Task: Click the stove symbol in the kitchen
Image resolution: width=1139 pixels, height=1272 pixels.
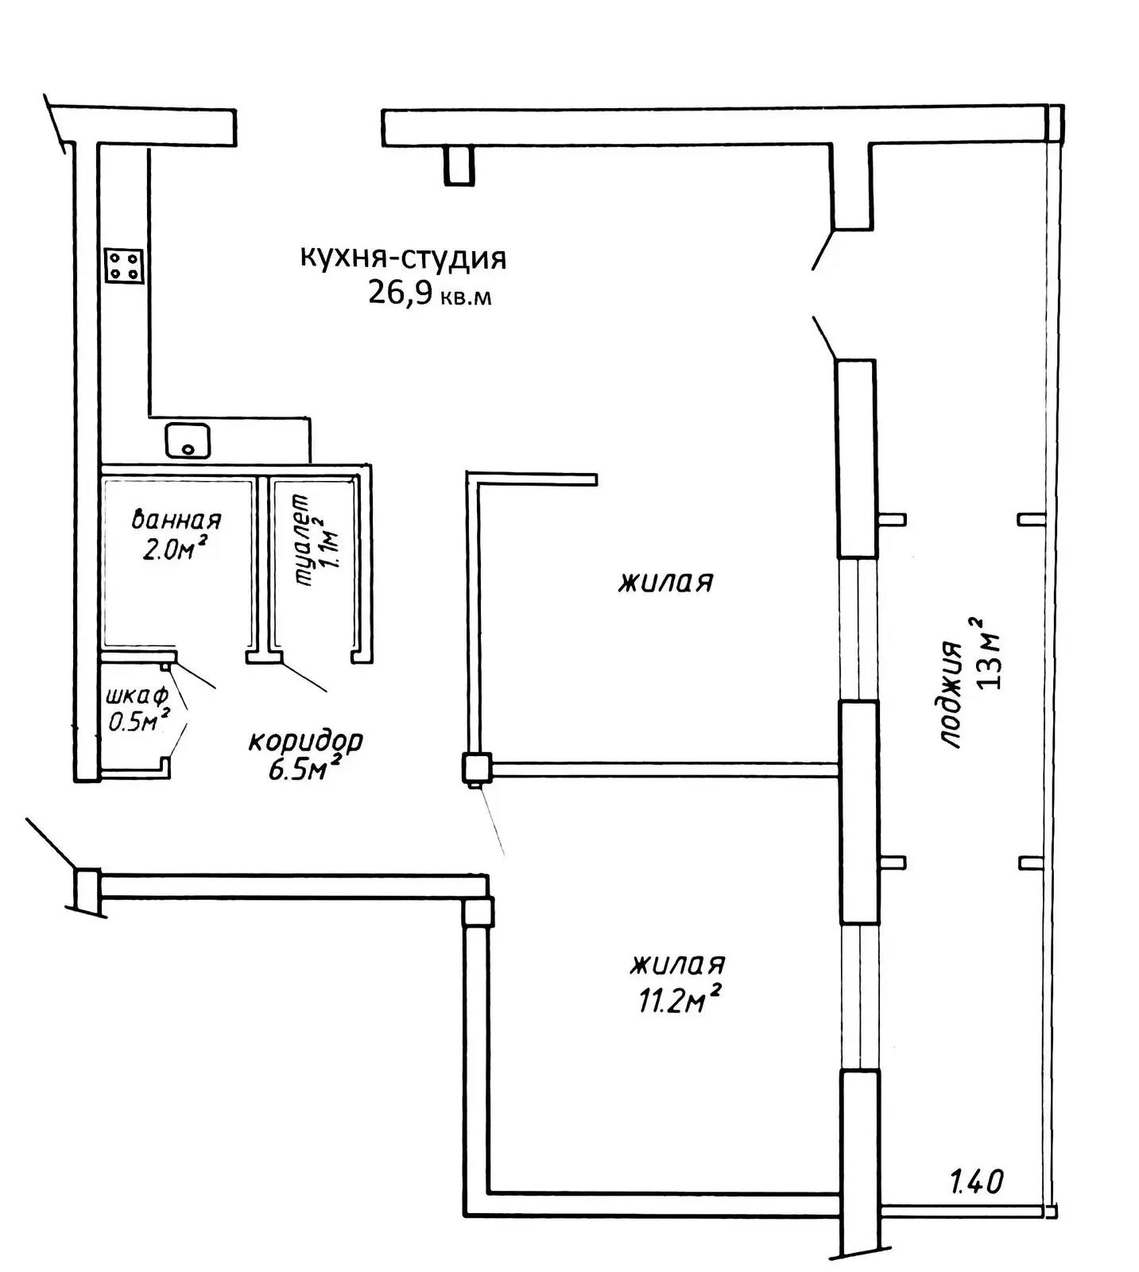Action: coord(124,265)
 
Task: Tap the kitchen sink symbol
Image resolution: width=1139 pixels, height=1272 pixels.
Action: coord(188,440)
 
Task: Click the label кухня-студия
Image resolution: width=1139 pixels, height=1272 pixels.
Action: coord(403,258)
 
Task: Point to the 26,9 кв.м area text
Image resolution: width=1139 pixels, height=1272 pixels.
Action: coord(429,294)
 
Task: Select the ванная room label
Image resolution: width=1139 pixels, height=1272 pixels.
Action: coord(176,520)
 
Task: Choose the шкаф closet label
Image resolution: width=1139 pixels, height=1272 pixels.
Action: coord(137,696)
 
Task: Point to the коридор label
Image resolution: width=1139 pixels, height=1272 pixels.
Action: coord(306,741)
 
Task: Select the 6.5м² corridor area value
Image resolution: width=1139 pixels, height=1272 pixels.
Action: coord(305,769)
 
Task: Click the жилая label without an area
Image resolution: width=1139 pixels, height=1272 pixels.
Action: coord(666,582)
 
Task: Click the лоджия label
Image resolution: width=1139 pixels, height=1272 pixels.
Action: coord(951,694)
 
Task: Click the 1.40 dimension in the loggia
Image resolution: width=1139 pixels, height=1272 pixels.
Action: coord(977,1181)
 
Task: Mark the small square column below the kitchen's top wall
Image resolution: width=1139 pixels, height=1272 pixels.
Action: coord(459,165)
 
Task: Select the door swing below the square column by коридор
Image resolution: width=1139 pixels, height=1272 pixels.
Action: coord(490,821)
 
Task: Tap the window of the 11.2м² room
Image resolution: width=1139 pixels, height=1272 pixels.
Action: coord(860,998)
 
